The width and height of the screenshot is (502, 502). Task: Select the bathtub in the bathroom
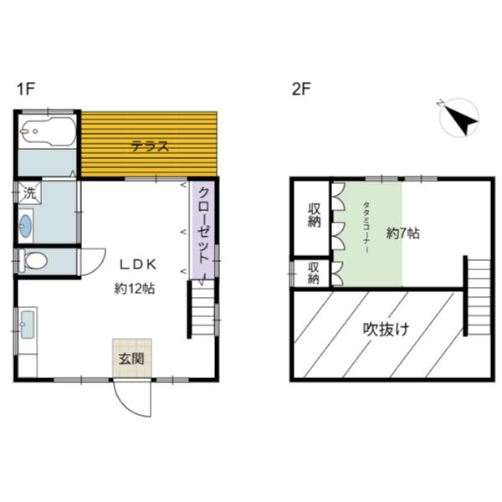pyautogui.click(x=46, y=132)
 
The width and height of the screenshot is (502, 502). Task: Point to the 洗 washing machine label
pyautogui.click(x=29, y=192)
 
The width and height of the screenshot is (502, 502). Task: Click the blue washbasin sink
pyautogui.click(x=26, y=225)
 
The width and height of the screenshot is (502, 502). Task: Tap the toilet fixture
pyautogui.click(x=35, y=261)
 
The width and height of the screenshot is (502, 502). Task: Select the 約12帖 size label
pyautogui.click(x=134, y=288)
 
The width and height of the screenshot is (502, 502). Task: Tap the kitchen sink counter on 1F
pyautogui.click(x=26, y=325)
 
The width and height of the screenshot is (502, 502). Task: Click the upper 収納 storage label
pyautogui.click(x=315, y=216)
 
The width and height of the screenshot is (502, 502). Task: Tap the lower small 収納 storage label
pyautogui.click(x=313, y=273)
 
